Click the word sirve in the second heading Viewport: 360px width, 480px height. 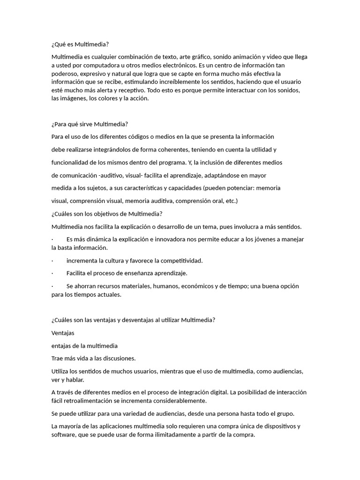coord(83,124)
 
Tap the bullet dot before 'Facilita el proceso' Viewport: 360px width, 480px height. coord(52,273)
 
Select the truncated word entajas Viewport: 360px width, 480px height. coord(62,346)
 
